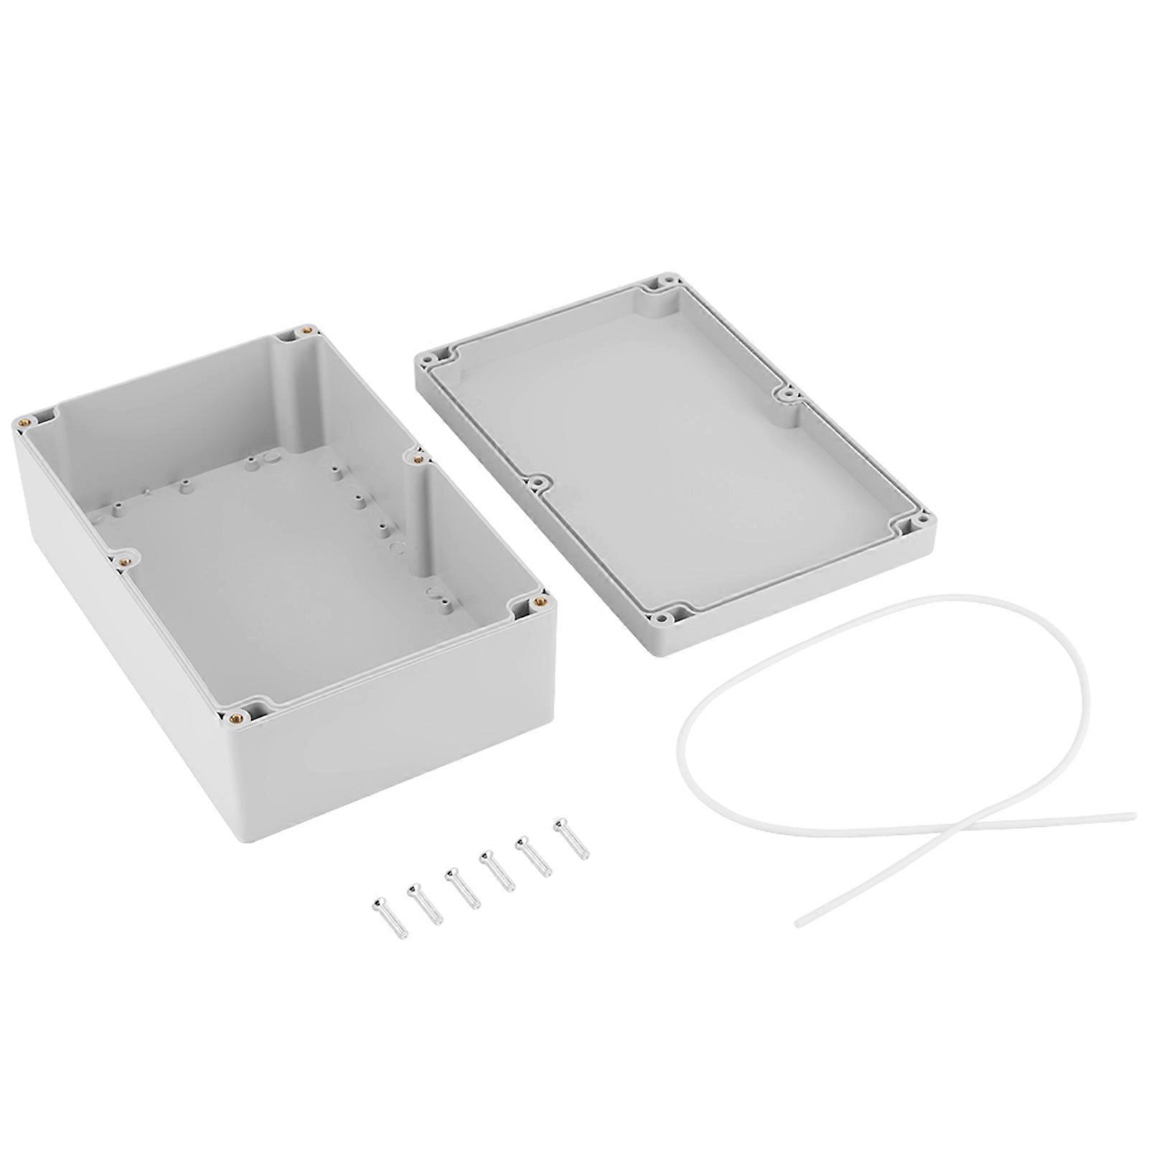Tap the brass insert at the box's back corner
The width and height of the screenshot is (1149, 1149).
pyautogui.click(x=307, y=330)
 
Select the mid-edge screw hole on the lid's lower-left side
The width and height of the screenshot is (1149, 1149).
pyautogui.click(x=535, y=484)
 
